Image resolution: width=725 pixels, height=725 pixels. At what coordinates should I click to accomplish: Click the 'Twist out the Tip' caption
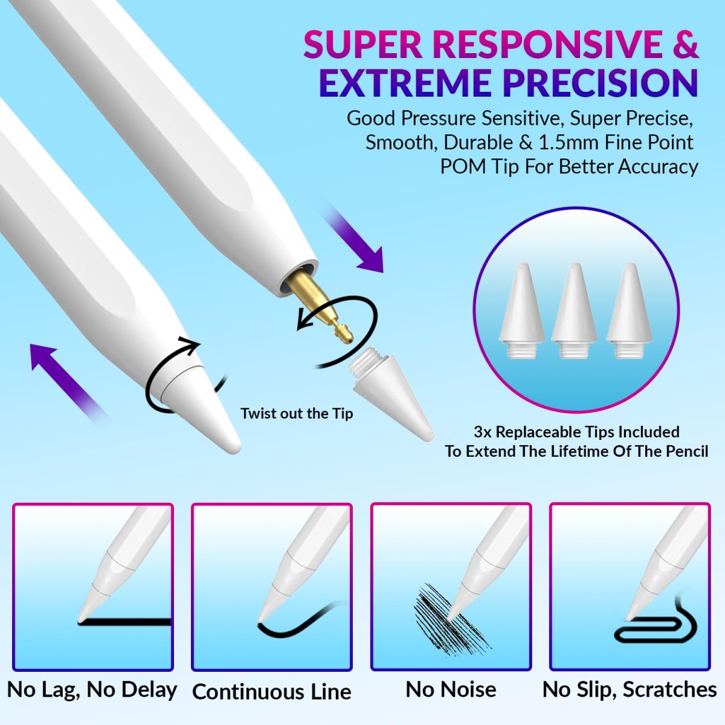point(297,414)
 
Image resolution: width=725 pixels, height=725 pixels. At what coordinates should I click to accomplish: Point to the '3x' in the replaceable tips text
point(483,432)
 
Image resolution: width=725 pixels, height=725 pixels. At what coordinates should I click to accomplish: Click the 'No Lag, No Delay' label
point(92,689)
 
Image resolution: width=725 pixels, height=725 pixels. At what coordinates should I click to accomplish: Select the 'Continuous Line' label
point(272,692)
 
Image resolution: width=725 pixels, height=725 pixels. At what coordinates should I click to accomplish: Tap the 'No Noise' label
point(451,689)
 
